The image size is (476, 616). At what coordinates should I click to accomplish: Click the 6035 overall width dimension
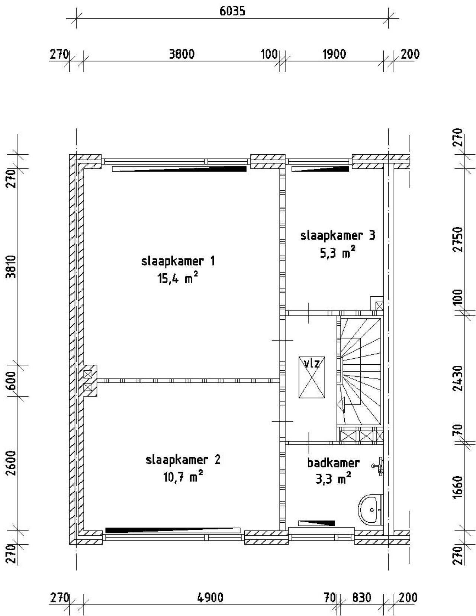(x=232, y=11)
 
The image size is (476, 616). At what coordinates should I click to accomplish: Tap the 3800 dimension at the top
(x=181, y=54)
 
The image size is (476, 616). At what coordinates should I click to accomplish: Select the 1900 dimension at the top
(x=334, y=54)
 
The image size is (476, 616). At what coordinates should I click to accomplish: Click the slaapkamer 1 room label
(x=178, y=261)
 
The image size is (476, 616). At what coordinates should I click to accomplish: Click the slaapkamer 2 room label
(x=183, y=460)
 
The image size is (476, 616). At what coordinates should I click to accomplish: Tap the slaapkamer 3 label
(x=338, y=235)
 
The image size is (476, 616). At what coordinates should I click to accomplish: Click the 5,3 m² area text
(x=337, y=253)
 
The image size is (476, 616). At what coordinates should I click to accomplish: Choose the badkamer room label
(x=333, y=463)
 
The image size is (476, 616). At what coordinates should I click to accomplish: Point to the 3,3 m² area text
(x=333, y=479)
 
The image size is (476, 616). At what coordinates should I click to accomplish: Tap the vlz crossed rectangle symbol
(x=312, y=377)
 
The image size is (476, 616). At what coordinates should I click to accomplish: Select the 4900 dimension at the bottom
(x=210, y=598)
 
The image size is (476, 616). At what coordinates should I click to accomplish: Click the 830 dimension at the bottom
(x=361, y=598)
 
